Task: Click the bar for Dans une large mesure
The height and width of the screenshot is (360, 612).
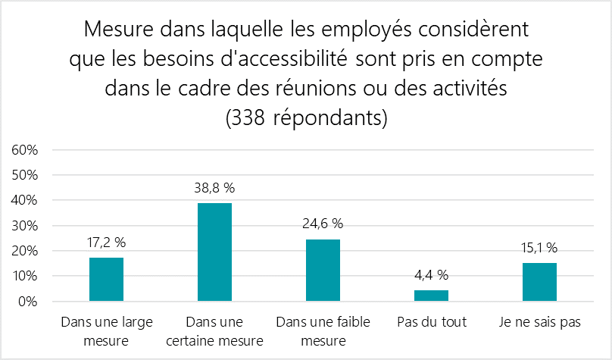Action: tap(106, 280)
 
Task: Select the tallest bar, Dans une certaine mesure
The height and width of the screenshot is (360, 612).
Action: tap(214, 252)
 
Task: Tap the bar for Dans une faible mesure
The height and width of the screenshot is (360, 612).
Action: tap(323, 271)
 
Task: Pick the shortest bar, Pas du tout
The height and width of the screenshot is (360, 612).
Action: tap(431, 296)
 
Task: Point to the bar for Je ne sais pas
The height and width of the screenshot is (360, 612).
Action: tap(539, 282)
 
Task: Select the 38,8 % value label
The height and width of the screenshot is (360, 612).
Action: tap(214, 188)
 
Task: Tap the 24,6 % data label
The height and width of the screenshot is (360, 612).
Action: tap(323, 224)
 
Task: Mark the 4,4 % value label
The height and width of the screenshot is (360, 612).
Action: tap(431, 274)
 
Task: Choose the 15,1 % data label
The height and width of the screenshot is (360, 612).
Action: tap(539, 247)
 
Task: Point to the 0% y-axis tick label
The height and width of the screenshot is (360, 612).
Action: tap(29, 302)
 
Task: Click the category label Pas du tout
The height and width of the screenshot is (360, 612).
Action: tap(431, 322)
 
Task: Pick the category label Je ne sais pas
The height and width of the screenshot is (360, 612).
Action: tap(539, 322)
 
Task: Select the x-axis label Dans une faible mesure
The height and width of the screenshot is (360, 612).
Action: tap(323, 331)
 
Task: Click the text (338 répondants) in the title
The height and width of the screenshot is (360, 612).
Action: tap(306, 118)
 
